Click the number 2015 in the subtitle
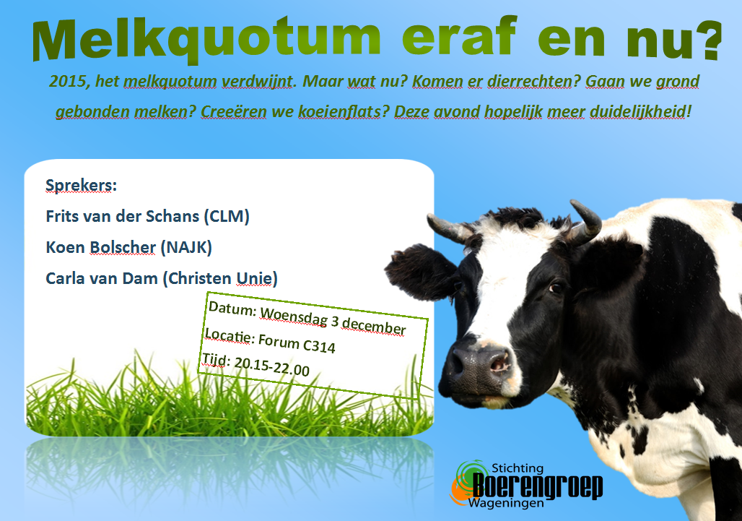(67, 82)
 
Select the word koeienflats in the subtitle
(339, 112)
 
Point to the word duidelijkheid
(637, 112)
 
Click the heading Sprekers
(81, 186)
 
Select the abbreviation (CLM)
(227, 217)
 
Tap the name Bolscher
(123, 247)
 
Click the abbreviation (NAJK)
(186, 247)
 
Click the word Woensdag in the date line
(293, 317)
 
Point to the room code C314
(319, 345)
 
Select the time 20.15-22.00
(271, 366)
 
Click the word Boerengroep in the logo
(538, 486)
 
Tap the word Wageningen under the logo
(507, 504)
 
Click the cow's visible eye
(554, 288)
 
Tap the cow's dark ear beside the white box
(419, 271)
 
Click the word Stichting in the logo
(518, 468)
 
